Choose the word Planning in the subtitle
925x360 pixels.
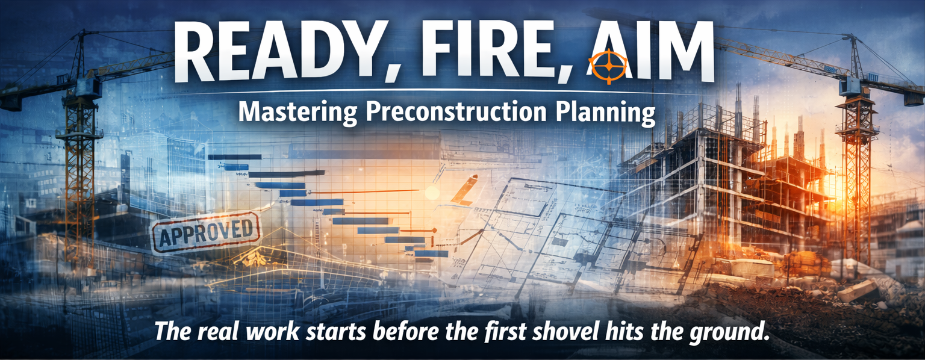tap(602, 112)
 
